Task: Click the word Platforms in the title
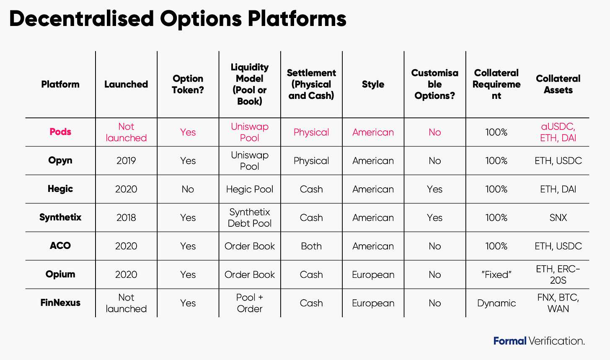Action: point(297,19)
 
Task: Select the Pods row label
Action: point(60,132)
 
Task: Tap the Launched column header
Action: point(126,84)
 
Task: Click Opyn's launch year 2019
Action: point(126,161)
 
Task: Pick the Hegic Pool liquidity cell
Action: point(249,189)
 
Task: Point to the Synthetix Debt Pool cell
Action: point(249,218)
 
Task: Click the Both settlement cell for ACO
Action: point(311,246)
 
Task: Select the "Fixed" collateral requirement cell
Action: point(496,275)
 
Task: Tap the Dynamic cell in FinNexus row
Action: point(496,303)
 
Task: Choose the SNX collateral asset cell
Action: point(558,218)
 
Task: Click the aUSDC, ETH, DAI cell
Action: point(558,132)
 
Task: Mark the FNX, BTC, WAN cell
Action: point(558,303)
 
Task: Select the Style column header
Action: point(373,84)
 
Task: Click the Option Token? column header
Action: point(188,84)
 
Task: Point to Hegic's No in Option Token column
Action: point(188,189)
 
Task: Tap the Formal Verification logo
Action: point(539,341)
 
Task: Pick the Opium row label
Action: point(60,274)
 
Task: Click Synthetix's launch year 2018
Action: point(126,218)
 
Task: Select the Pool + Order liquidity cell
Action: point(249,303)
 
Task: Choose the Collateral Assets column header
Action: point(558,84)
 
